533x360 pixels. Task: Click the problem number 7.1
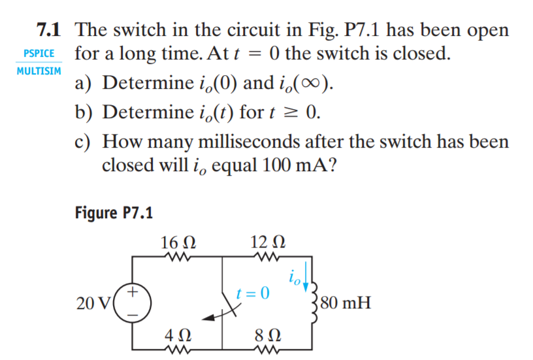click(x=48, y=30)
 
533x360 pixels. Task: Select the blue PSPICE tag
click(x=39, y=54)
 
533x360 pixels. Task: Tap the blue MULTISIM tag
click(x=39, y=71)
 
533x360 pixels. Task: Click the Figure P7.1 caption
click(x=114, y=213)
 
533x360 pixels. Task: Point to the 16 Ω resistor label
click(x=178, y=242)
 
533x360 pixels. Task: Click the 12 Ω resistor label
click(x=268, y=242)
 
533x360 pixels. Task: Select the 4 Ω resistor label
click(x=178, y=336)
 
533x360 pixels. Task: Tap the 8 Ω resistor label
click(x=268, y=336)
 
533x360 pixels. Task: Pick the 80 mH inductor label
click(x=346, y=303)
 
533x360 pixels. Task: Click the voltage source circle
click(x=132, y=303)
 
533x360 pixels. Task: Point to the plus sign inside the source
click(x=133, y=291)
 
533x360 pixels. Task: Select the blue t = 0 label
click(x=253, y=293)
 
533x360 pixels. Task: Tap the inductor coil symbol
click(x=314, y=303)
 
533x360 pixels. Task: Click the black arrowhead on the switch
click(x=208, y=318)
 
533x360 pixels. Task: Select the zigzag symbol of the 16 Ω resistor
click(x=178, y=257)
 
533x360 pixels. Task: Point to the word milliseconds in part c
click(x=249, y=141)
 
